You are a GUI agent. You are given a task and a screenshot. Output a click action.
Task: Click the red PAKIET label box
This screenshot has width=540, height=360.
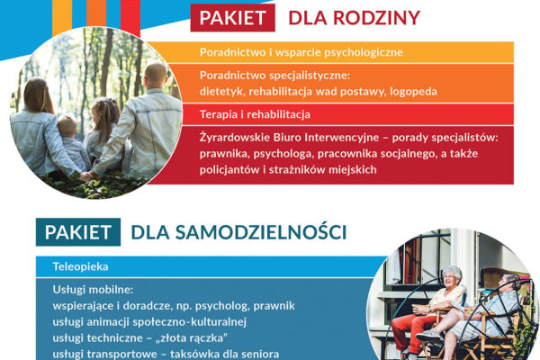pos(233,18)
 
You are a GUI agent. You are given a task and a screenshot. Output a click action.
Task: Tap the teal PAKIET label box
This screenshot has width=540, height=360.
pos(78,232)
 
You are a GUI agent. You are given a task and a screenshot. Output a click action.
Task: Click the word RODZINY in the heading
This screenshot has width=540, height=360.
pos(377,18)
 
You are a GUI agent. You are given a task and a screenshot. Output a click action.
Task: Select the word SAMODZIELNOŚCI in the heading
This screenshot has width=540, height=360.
pos(261,232)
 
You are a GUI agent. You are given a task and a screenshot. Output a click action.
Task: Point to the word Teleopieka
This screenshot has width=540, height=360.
pos(81,266)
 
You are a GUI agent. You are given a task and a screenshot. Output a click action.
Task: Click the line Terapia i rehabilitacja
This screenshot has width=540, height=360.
pos(255,114)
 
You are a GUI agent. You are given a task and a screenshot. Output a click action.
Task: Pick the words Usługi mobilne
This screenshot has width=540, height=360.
pos(93,290)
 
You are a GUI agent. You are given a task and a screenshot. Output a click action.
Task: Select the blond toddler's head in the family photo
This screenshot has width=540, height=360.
pos(67,126)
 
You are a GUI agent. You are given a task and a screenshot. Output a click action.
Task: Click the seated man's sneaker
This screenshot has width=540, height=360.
pos(428,336)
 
